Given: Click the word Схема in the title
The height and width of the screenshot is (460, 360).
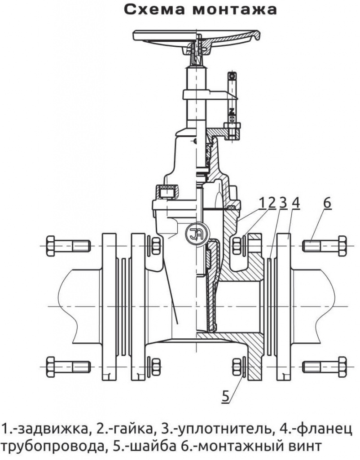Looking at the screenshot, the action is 154,10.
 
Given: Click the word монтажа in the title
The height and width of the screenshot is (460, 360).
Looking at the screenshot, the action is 235,10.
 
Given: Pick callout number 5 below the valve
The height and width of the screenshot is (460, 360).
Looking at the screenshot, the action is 225,396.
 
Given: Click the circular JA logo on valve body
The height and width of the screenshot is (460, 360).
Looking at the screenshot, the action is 197,234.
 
